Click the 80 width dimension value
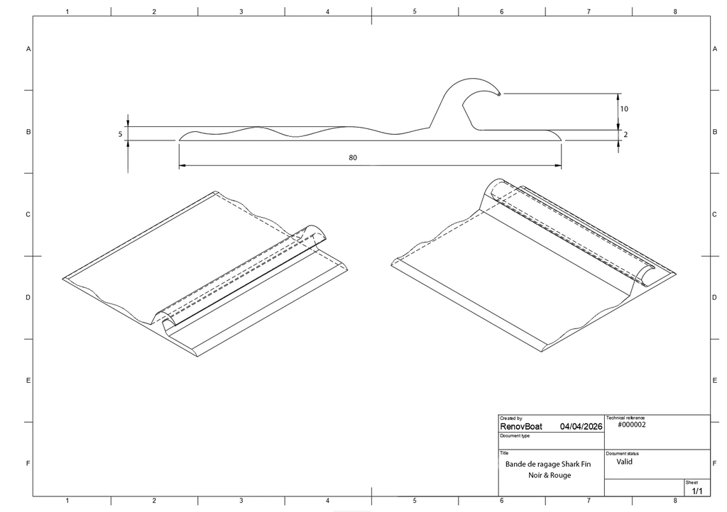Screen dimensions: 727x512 pos(353,158)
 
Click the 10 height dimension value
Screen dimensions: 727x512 pos(624,108)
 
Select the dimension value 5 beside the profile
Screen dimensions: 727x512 pos(120,134)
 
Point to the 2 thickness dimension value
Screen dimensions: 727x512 pos(625,135)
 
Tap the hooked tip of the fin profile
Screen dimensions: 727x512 pos(499,94)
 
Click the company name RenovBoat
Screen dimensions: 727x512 pos(520,426)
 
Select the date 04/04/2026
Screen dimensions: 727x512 pos(581,426)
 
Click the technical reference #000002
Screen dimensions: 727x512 pos(631,425)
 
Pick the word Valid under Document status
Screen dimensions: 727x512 pos(625,462)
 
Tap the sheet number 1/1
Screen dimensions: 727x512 pos(697,491)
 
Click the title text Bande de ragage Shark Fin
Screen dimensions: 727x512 pos(548,464)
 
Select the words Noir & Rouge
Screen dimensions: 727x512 pos(550,475)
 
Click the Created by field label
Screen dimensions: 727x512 pos(511,418)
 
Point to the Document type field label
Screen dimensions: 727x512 pos(515,435)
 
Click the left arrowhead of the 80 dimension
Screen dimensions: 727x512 pos(182,165)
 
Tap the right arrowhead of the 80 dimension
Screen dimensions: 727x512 pos(558,165)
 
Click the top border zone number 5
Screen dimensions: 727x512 pos(415,11)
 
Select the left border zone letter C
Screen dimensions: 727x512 pos(28,214)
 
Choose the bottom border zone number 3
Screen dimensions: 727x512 pos(241,501)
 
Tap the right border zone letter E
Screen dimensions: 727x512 pos(714,381)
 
